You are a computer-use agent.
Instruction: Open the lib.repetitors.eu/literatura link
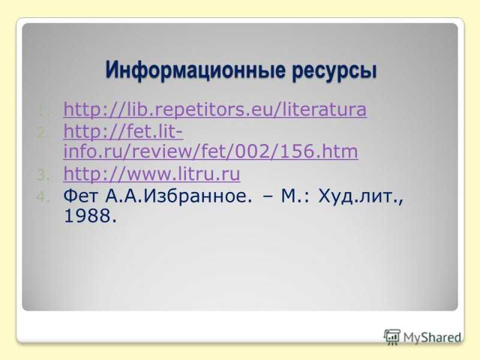click(215, 110)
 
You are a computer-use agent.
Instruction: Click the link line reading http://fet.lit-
click(123, 131)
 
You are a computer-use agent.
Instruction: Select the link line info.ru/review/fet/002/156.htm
click(211, 151)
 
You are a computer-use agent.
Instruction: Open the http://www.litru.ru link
click(152, 173)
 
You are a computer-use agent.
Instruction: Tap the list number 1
click(43, 112)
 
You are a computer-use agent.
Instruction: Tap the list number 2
click(43, 133)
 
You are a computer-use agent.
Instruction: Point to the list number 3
click(43, 175)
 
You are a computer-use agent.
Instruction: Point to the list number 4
click(43, 197)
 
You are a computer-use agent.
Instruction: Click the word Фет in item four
click(80, 196)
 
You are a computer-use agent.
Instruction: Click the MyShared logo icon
click(392, 337)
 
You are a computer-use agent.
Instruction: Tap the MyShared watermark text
click(432, 337)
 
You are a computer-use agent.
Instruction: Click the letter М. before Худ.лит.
click(292, 196)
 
